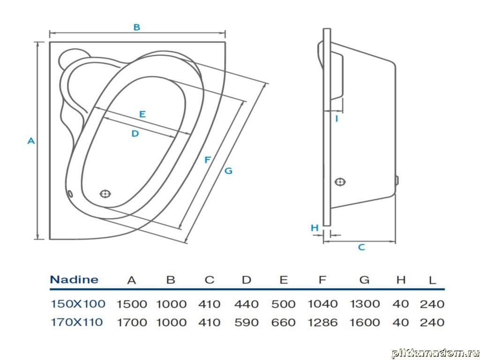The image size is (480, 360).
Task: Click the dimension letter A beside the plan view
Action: click(x=31, y=140)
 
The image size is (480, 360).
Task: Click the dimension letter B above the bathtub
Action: click(x=136, y=27)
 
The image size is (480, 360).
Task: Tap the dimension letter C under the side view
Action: click(x=361, y=247)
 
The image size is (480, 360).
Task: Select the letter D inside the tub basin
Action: click(x=135, y=134)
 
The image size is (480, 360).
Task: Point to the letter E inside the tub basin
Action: click(x=142, y=114)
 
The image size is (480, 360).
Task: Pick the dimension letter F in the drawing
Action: click(x=208, y=160)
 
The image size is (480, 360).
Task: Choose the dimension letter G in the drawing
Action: click(x=228, y=171)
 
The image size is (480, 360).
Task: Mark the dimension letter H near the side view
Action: click(x=315, y=228)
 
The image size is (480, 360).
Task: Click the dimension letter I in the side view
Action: click(x=337, y=119)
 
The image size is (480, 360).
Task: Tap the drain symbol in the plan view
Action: click(x=105, y=193)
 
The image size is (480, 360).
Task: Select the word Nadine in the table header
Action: click(x=74, y=280)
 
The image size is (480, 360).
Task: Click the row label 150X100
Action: click(x=78, y=304)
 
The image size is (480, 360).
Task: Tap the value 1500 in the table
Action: click(x=132, y=304)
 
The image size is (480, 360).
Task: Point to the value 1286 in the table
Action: click(x=322, y=322)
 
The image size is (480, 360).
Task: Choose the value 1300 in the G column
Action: click(x=365, y=304)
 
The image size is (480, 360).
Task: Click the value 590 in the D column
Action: click(x=246, y=322)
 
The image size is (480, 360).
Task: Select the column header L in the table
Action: click(x=432, y=280)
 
